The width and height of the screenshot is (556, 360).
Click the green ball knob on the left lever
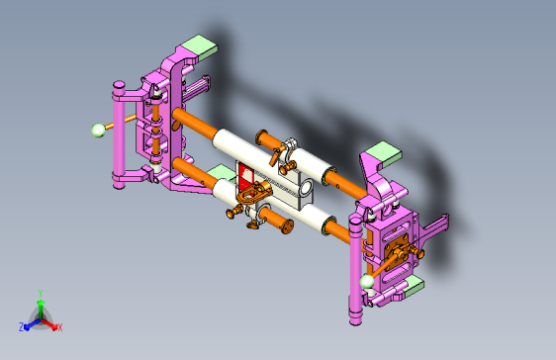(x=99, y=130)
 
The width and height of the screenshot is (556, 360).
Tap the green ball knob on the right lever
(x=367, y=282)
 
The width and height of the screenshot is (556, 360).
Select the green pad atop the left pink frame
(x=199, y=46)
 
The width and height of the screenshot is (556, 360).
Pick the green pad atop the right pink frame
(x=384, y=152)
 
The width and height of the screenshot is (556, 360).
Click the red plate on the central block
(x=244, y=176)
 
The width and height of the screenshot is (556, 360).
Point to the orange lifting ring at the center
(x=254, y=193)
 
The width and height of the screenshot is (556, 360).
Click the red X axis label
(x=60, y=327)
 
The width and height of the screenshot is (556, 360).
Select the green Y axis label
(x=41, y=293)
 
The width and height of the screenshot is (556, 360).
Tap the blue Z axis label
(x=22, y=326)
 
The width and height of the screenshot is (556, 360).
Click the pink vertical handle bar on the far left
(x=119, y=135)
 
